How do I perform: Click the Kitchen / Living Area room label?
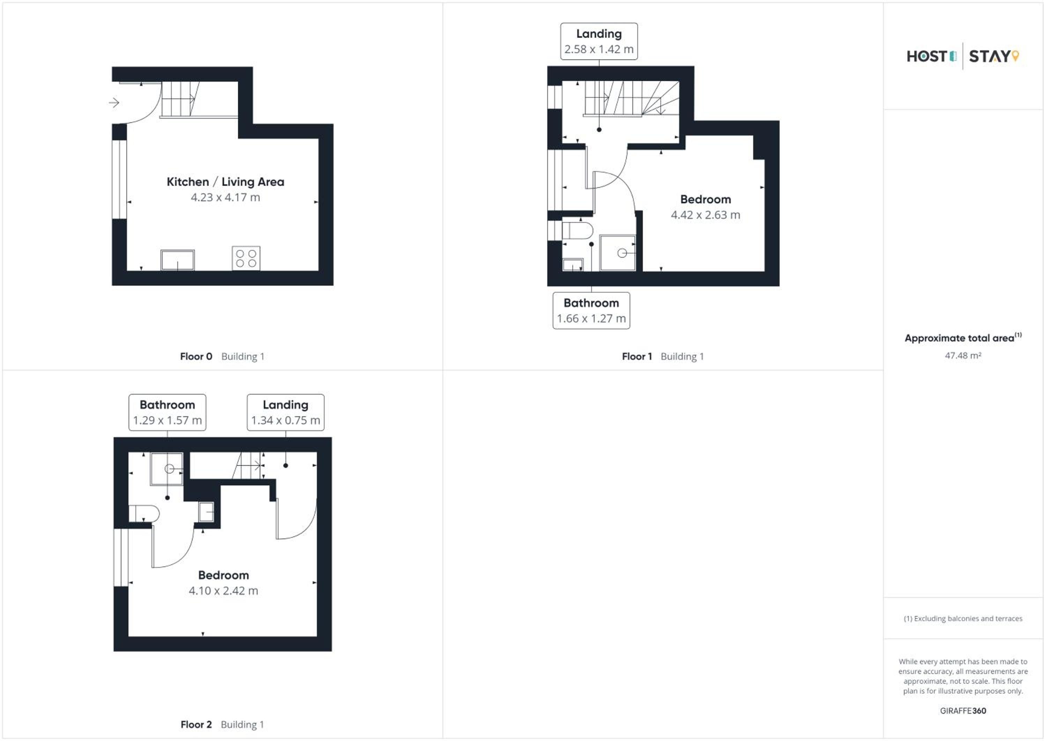(x=225, y=182)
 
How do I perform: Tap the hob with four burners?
(x=246, y=258)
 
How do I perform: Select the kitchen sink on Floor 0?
(x=177, y=260)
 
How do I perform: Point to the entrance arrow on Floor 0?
(x=114, y=103)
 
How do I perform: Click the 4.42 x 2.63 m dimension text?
(x=705, y=215)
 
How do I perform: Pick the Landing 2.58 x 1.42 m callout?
(x=599, y=42)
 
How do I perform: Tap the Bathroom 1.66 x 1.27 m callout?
(x=591, y=311)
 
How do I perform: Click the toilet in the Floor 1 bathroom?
(x=577, y=231)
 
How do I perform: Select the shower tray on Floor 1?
(x=618, y=253)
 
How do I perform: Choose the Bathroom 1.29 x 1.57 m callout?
(x=168, y=412)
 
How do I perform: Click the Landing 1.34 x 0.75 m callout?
(x=285, y=412)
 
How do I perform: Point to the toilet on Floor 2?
(x=144, y=514)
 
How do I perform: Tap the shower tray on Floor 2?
(x=167, y=469)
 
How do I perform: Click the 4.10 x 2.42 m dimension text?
(x=223, y=591)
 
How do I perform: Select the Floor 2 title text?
(x=196, y=725)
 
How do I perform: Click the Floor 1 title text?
(x=637, y=356)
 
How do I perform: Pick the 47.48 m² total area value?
(x=963, y=355)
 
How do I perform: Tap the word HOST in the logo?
(x=927, y=57)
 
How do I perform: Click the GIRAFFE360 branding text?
(x=963, y=711)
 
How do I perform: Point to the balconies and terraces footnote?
(x=963, y=619)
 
